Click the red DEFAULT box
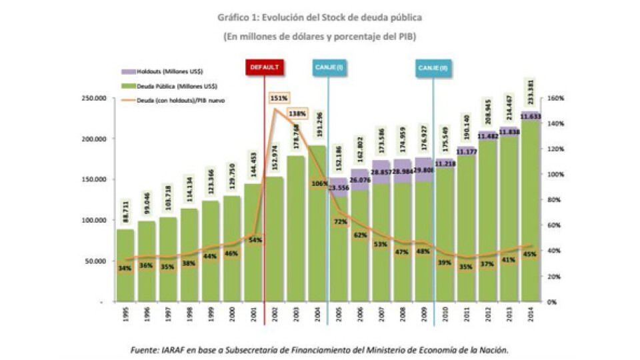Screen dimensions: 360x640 [x=265, y=68]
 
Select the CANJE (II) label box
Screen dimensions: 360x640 [x=433, y=68]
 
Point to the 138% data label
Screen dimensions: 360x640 [x=297, y=114]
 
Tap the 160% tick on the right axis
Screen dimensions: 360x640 [x=556, y=99]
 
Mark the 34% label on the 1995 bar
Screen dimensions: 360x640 [x=124, y=269]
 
